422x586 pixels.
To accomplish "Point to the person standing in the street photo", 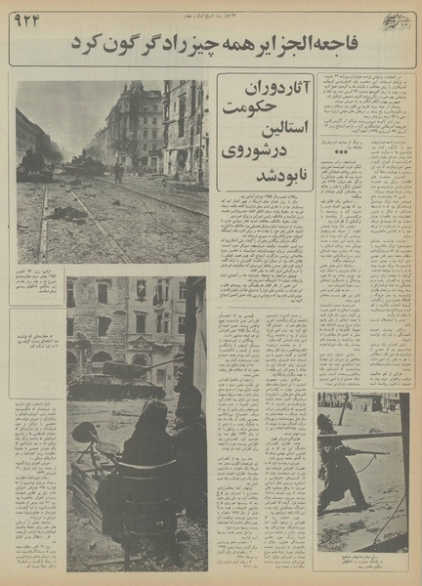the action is pos(118,172).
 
